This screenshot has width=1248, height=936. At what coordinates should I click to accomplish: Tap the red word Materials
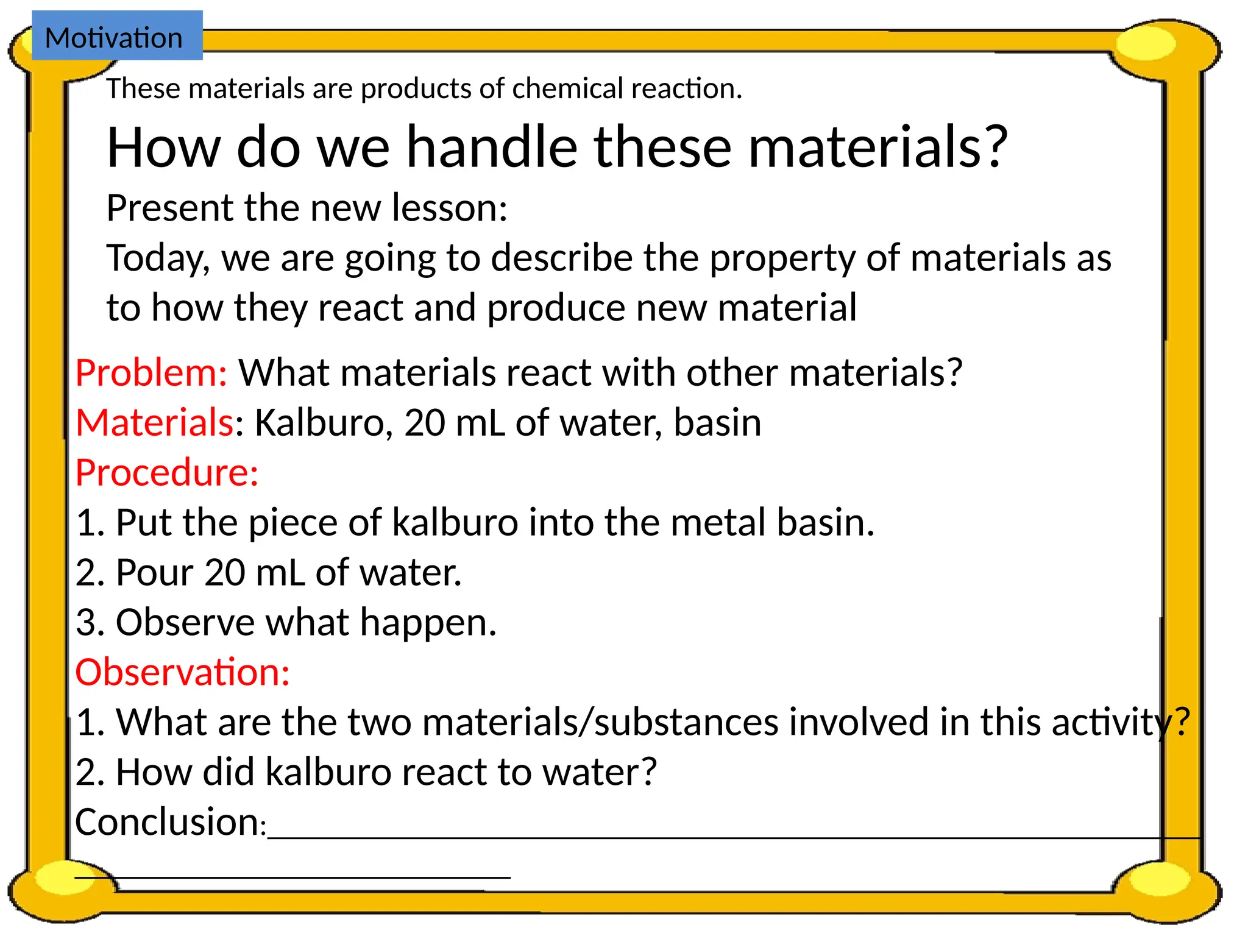point(155,422)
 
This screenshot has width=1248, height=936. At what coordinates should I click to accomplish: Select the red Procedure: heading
point(167,472)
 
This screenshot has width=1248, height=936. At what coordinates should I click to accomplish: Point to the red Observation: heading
point(182,672)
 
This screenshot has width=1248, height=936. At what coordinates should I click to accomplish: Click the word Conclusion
point(167,821)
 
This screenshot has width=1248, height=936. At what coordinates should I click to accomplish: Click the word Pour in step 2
point(154,572)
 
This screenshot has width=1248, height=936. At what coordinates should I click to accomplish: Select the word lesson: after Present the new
point(449,208)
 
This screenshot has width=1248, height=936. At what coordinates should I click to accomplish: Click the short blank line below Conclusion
point(292,876)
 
